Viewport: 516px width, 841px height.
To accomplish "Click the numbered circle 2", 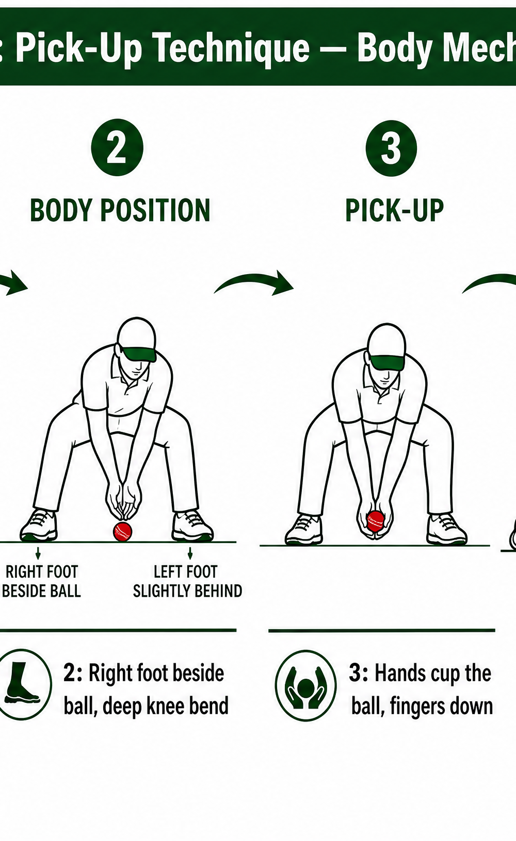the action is [117, 147].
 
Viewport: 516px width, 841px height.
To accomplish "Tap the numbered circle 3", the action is [391, 148].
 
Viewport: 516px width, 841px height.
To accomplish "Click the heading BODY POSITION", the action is [120, 210].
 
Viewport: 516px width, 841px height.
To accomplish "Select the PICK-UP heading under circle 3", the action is [394, 210].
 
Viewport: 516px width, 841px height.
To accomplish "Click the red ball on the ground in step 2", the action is [122, 531].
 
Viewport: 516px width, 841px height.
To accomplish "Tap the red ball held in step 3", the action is [376, 521].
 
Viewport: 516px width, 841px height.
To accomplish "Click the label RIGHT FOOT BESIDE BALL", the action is [41, 581].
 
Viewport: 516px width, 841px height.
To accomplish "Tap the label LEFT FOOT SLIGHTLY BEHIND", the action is [187, 581].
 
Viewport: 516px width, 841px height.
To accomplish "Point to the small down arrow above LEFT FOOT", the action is [190, 553].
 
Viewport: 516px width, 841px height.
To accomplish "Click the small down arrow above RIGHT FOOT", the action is [38, 553].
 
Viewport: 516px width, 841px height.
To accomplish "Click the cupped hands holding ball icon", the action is [305, 686].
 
